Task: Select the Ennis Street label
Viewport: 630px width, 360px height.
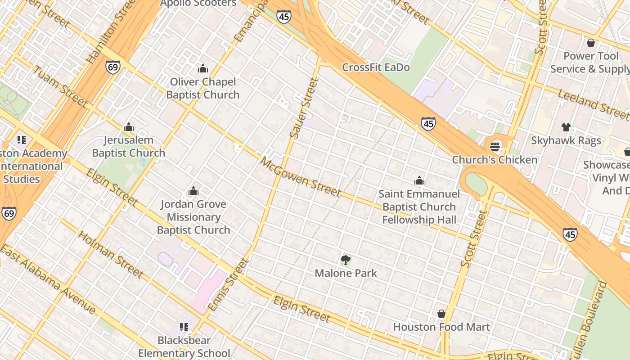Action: (229, 284)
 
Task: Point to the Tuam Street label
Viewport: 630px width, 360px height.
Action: (60, 87)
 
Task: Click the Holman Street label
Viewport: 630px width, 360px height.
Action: (110, 254)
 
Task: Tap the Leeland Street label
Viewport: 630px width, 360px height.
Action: (593, 104)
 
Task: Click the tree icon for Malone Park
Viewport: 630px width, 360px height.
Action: (346, 260)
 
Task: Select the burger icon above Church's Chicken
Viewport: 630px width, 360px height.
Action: (495, 146)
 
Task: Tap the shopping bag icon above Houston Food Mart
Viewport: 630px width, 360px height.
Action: (441, 313)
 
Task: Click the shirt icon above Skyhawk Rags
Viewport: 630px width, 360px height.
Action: (566, 127)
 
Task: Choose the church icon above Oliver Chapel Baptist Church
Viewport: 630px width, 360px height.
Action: (203, 68)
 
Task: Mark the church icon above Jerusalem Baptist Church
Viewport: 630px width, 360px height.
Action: (129, 127)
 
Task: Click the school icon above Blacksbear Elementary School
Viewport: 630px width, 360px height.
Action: (184, 327)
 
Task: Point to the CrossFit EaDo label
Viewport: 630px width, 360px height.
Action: (376, 67)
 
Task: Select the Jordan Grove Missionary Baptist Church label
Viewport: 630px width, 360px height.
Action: (193, 217)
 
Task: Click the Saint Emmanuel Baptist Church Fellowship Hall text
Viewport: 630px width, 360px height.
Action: (419, 207)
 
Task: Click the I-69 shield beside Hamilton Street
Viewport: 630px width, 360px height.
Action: (113, 67)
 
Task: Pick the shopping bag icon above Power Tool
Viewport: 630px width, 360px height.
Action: (590, 43)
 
